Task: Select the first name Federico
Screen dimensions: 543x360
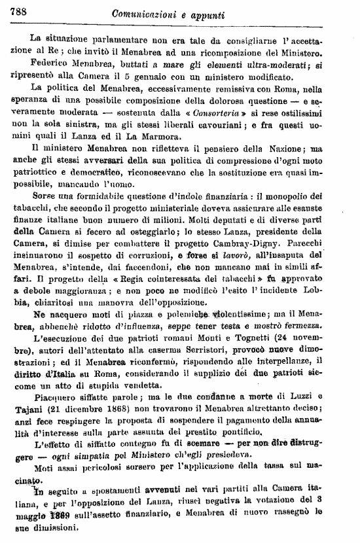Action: [52, 67]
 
